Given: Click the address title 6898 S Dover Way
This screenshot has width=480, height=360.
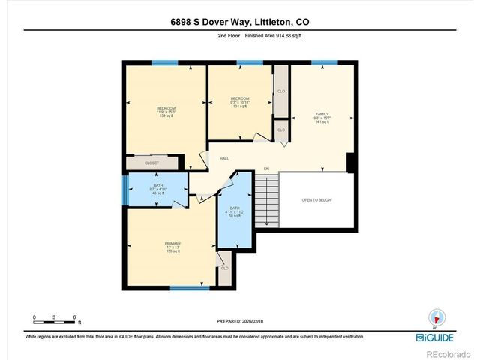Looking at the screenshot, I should (239, 22).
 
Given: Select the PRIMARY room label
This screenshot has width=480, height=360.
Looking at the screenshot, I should (172, 244).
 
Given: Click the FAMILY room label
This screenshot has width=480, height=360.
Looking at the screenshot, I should (322, 115).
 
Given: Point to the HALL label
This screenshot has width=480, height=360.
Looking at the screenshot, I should (223, 158).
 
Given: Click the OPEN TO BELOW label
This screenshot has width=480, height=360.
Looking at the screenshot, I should (316, 200).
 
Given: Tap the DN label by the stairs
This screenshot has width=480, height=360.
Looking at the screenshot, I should (265, 169).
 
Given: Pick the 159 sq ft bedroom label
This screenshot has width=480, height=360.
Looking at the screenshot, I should (165, 112).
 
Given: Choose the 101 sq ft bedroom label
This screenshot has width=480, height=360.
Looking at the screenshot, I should (239, 103).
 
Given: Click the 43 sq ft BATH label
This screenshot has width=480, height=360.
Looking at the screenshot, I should (158, 188).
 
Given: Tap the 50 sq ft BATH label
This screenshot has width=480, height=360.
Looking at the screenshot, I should (234, 212).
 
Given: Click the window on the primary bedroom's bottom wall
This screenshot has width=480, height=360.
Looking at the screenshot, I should (188, 288).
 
